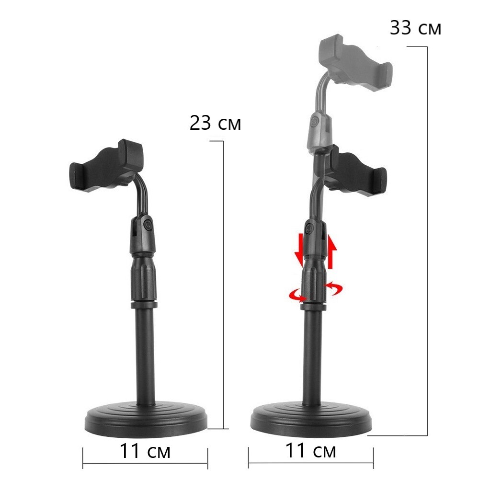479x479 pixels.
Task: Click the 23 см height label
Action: click(215, 123)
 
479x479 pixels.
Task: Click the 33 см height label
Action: click(415, 28)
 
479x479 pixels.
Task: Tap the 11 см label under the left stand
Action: click(145, 451)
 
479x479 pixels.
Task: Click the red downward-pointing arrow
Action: click(299, 249)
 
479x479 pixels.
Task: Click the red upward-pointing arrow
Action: click(332, 251)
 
